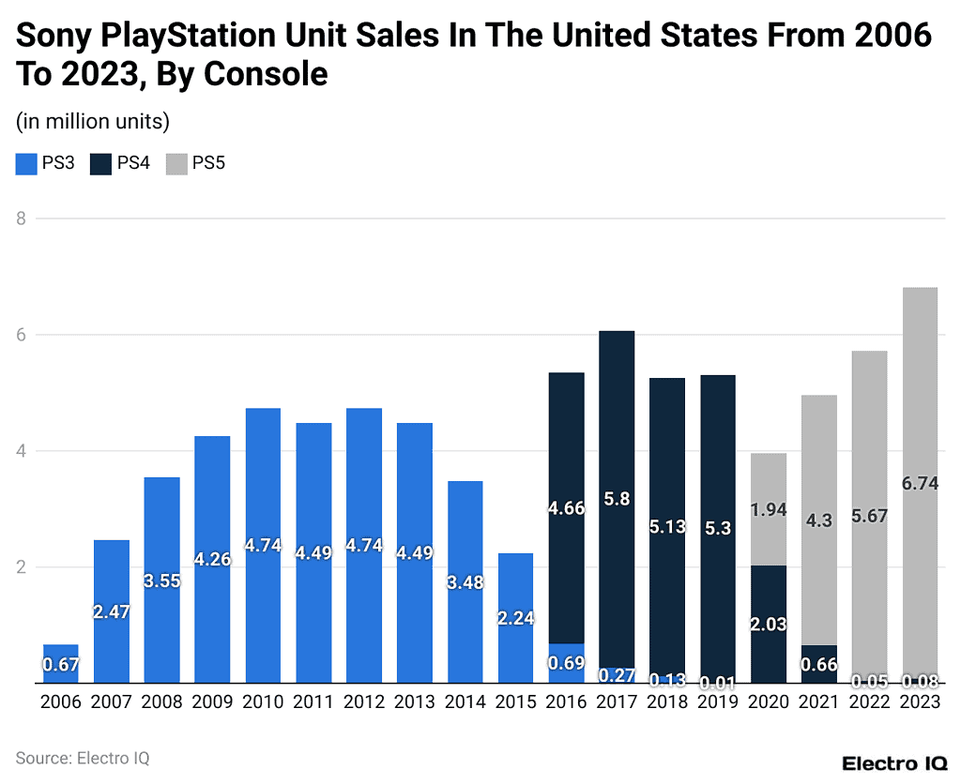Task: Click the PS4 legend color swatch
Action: click(100, 164)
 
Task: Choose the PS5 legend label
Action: click(208, 164)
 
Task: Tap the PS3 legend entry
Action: click(46, 164)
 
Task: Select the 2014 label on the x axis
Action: click(465, 701)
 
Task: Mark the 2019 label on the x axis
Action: click(718, 701)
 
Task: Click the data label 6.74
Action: click(920, 483)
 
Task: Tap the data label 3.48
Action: click(465, 582)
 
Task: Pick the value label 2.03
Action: click(769, 625)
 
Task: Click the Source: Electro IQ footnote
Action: click(83, 758)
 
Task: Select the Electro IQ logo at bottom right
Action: click(892, 763)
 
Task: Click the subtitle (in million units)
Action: click(93, 121)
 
